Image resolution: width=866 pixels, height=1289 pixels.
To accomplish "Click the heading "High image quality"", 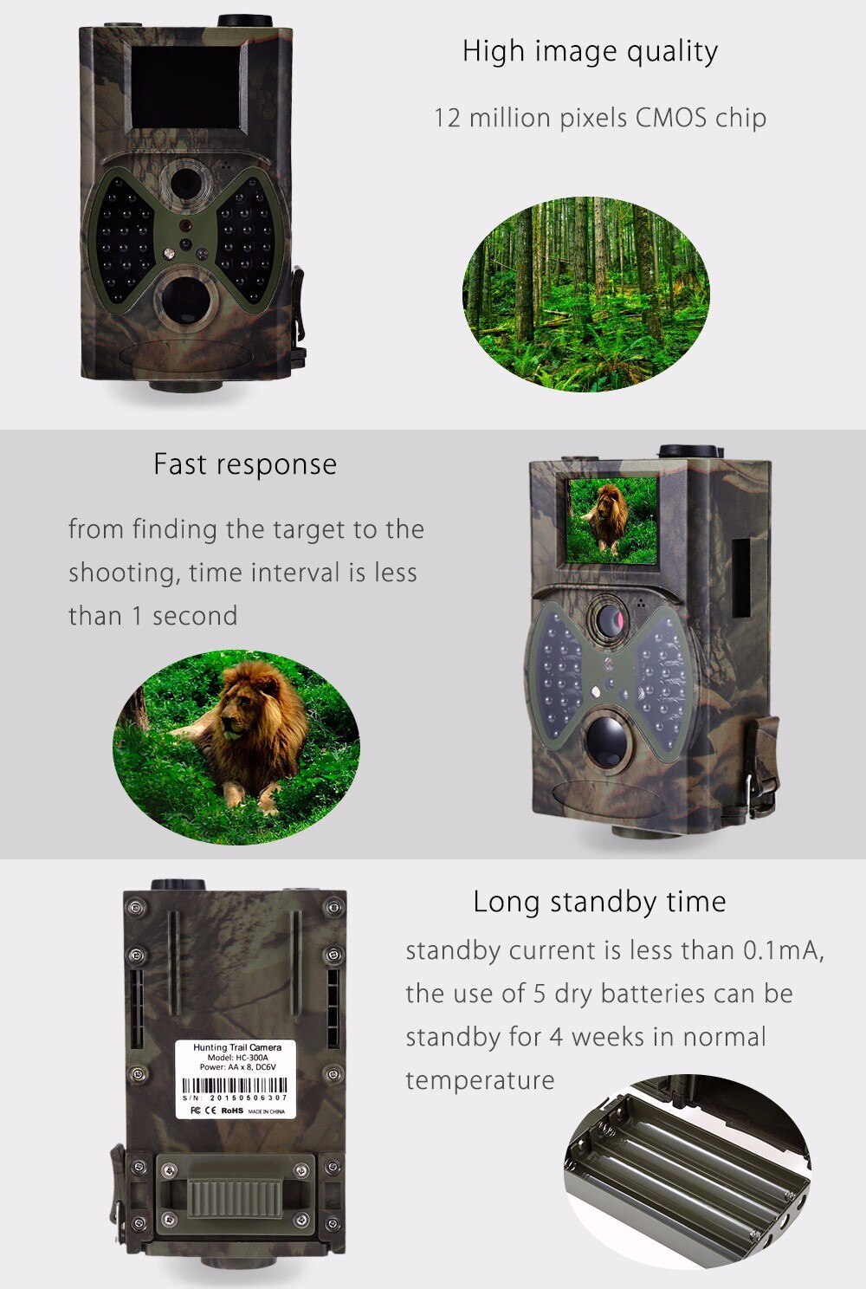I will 590,52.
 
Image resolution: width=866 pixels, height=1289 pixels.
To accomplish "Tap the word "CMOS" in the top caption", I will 670,118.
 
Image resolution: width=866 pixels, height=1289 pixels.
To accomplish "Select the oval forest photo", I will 586,295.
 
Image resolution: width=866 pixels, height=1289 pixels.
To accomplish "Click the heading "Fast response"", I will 245,464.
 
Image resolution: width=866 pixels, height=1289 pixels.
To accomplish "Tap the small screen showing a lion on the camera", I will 611,520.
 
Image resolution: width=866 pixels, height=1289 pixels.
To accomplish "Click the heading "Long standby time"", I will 599,902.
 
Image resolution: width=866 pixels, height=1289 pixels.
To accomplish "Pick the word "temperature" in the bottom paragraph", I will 480,1080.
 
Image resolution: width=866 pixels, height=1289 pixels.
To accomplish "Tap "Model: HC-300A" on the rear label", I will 237,1058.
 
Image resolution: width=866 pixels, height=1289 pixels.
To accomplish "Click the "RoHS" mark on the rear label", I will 232,1110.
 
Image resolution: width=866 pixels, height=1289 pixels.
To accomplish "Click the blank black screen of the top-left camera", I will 184,87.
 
